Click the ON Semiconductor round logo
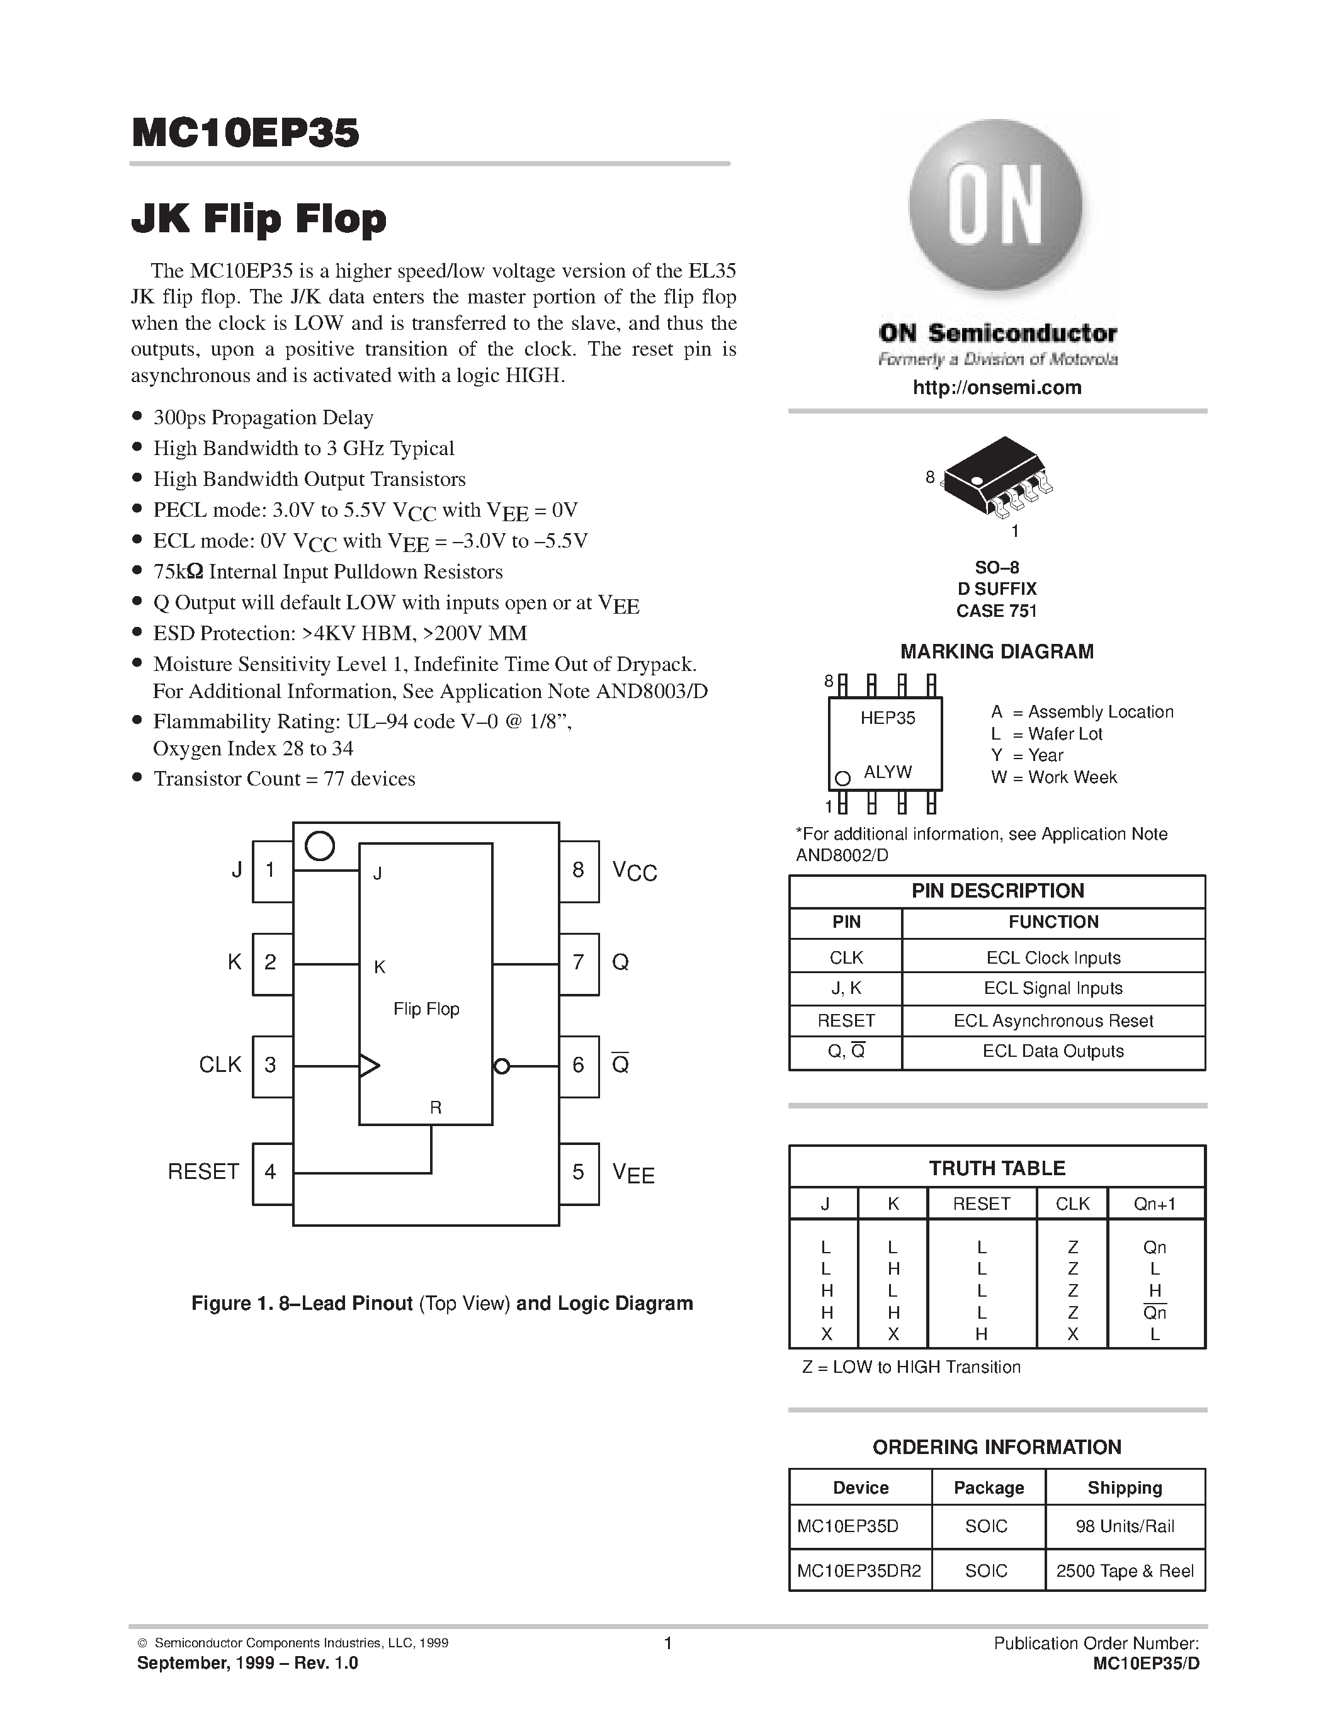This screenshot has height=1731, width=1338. pos(996,208)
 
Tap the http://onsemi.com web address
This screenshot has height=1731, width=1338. pos(996,388)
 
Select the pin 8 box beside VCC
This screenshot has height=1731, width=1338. pos(579,871)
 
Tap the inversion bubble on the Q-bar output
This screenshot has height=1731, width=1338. pos(501,1066)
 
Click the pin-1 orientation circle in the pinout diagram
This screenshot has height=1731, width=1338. pos(319,846)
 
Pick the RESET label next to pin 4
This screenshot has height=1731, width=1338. pos(203,1171)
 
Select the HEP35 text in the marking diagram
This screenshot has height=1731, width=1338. pos(888,718)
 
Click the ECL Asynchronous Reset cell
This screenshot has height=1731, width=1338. pos(1053,1021)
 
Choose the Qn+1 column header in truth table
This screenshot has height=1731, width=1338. pos(1155,1204)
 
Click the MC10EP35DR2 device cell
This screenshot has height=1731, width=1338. pos(859,1571)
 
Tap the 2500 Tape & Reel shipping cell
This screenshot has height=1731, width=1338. pos(1125,1571)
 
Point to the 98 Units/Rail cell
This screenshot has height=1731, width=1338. pos(1125,1526)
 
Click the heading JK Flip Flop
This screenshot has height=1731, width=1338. pos(259,219)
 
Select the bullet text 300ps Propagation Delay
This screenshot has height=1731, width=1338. pos(263,418)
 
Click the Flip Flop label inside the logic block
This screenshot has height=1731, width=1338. pos(426,1009)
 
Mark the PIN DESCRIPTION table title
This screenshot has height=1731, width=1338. pos(997,891)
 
